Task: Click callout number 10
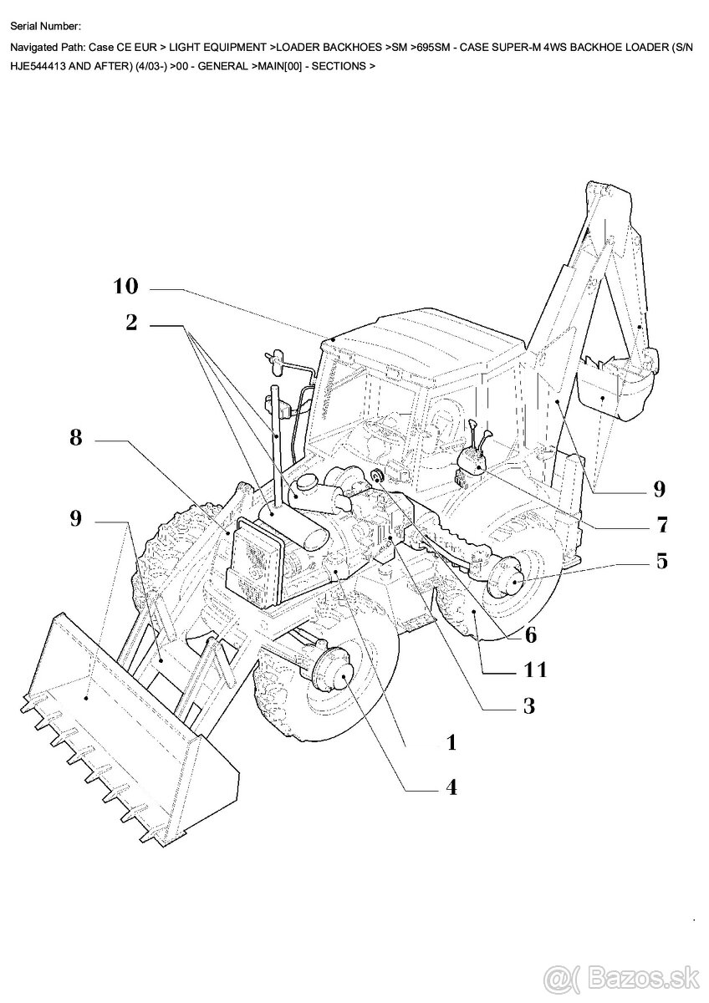pos(125,287)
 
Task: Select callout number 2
pos(131,323)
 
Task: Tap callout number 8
pos(76,437)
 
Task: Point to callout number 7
pos(662,526)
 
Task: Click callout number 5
pos(662,561)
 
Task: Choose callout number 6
pos(530,634)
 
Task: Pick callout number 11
pos(535,669)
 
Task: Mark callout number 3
pos(528,706)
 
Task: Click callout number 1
pos(451,742)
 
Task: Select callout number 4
pos(451,787)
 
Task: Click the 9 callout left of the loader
pos(76,519)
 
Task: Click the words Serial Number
pos(46,28)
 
